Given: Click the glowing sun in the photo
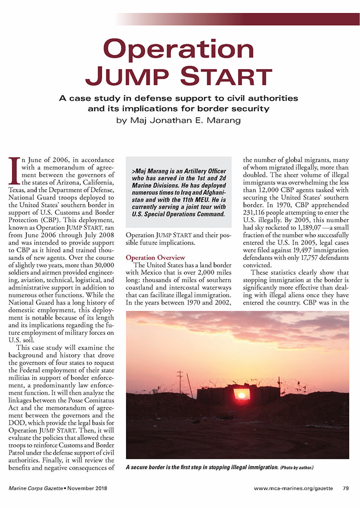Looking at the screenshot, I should click(241, 395).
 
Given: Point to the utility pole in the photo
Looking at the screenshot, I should click(180, 382).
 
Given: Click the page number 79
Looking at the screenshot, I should click(346, 488).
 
